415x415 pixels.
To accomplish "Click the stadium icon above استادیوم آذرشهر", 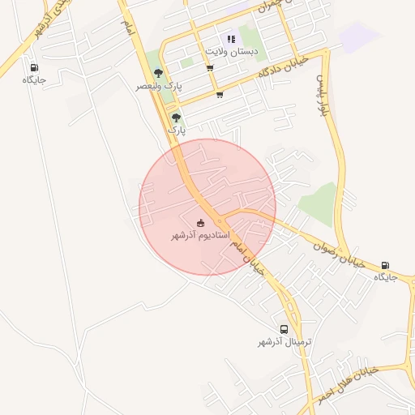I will (x=201, y=223).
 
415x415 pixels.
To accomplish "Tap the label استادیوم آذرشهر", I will (x=199, y=236).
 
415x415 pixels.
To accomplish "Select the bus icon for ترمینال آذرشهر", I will (x=284, y=329).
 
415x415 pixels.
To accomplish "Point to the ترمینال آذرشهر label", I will (x=285, y=343).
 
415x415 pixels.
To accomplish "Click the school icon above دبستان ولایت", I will (x=231, y=39).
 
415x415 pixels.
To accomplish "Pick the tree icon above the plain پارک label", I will (x=176, y=118).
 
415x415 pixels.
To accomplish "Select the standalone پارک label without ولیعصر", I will (x=177, y=130).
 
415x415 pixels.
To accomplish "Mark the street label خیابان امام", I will (x=247, y=258).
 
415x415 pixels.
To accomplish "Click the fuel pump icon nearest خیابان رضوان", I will (x=384, y=265).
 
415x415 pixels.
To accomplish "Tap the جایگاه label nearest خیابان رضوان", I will (x=385, y=277).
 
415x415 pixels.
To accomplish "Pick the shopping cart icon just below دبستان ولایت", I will (x=210, y=68).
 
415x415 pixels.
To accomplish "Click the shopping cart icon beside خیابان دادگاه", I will (x=220, y=95).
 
